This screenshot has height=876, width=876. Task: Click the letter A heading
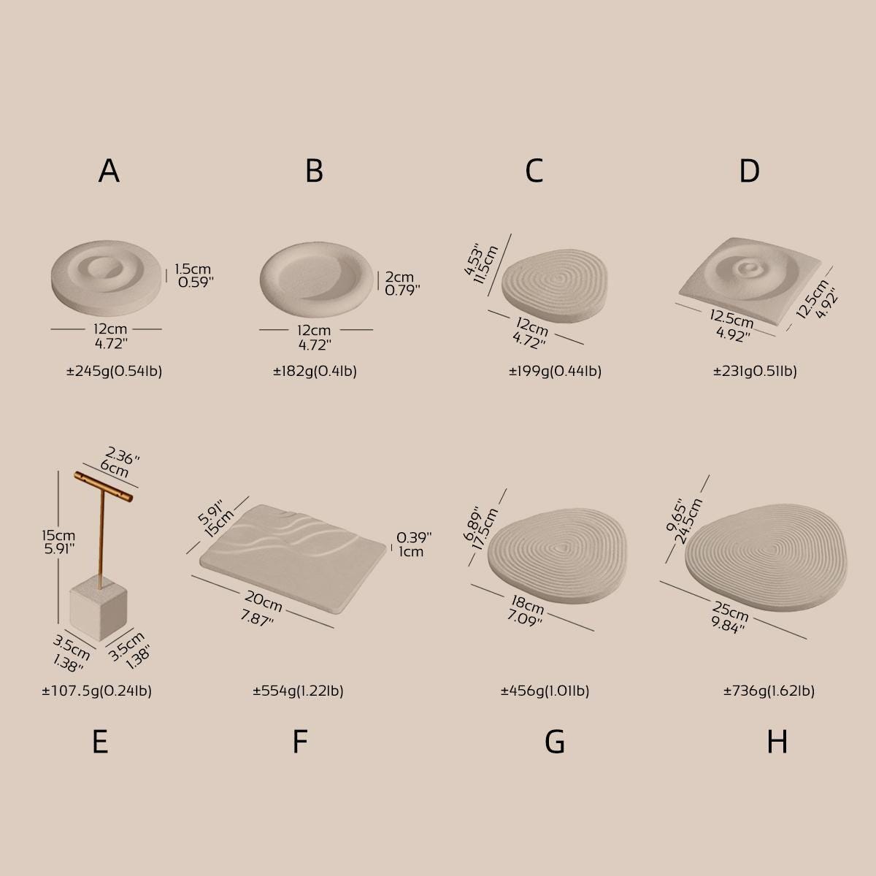(109, 171)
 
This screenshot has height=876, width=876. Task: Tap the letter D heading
(749, 171)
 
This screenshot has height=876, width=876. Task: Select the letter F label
(300, 742)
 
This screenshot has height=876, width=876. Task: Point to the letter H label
(777, 742)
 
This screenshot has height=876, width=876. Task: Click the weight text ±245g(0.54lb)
(114, 372)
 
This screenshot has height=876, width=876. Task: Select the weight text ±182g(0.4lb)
(315, 372)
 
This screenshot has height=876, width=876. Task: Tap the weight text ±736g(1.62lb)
(769, 691)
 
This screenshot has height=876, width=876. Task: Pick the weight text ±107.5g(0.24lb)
(97, 691)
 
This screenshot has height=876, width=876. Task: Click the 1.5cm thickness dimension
(193, 269)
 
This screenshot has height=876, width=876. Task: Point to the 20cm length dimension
(264, 601)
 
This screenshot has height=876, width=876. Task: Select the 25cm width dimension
(730, 612)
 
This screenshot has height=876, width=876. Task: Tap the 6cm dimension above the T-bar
(115, 468)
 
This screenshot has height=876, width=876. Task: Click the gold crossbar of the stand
(104, 486)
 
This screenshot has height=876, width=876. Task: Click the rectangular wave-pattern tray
(293, 558)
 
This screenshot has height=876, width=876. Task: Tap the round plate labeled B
(316, 280)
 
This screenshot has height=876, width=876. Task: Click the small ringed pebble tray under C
(555, 285)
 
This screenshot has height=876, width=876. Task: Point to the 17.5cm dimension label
(485, 529)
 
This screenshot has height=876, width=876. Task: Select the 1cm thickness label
(411, 551)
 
